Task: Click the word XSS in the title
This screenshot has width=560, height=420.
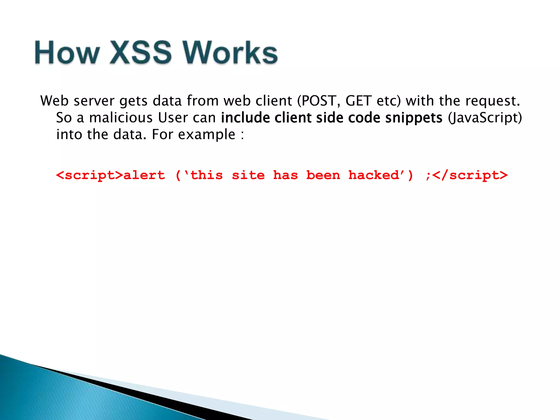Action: click(141, 52)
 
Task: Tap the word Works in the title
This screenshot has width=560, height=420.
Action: click(230, 52)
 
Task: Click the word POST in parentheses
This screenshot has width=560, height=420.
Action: click(319, 101)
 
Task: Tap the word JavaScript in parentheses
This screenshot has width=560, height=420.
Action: click(485, 118)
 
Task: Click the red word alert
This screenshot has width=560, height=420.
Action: click(144, 175)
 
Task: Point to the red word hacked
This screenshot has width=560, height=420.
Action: click(374, 175)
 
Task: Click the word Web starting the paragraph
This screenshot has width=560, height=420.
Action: click(54, 101)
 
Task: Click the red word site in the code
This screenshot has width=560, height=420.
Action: click(248, 175)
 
